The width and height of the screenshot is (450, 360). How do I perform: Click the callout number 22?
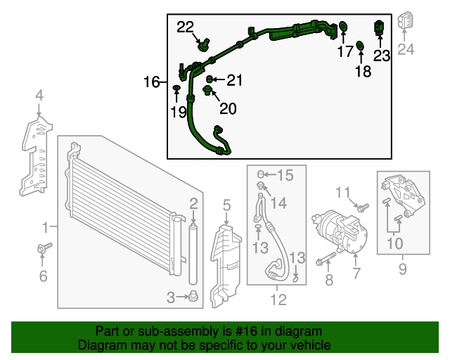pos(185,27)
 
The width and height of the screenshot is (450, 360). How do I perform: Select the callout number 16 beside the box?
pos(152,82)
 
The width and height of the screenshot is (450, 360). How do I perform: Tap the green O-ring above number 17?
pos(344,27)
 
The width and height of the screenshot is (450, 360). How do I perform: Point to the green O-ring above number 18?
pos(360,46)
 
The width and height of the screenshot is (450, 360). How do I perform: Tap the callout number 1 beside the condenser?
pos(46,227)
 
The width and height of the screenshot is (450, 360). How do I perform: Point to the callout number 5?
pos(226,205)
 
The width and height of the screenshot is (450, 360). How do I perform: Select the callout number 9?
pos(403,268)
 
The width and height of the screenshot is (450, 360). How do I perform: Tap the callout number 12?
pos(278,300)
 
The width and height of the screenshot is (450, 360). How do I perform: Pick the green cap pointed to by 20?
pos(207,90)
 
